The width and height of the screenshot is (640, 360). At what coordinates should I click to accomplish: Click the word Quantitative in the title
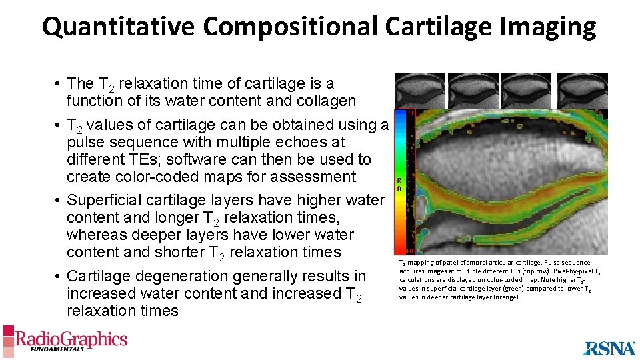119,27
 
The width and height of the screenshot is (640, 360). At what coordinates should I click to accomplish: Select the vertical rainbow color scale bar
405,181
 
